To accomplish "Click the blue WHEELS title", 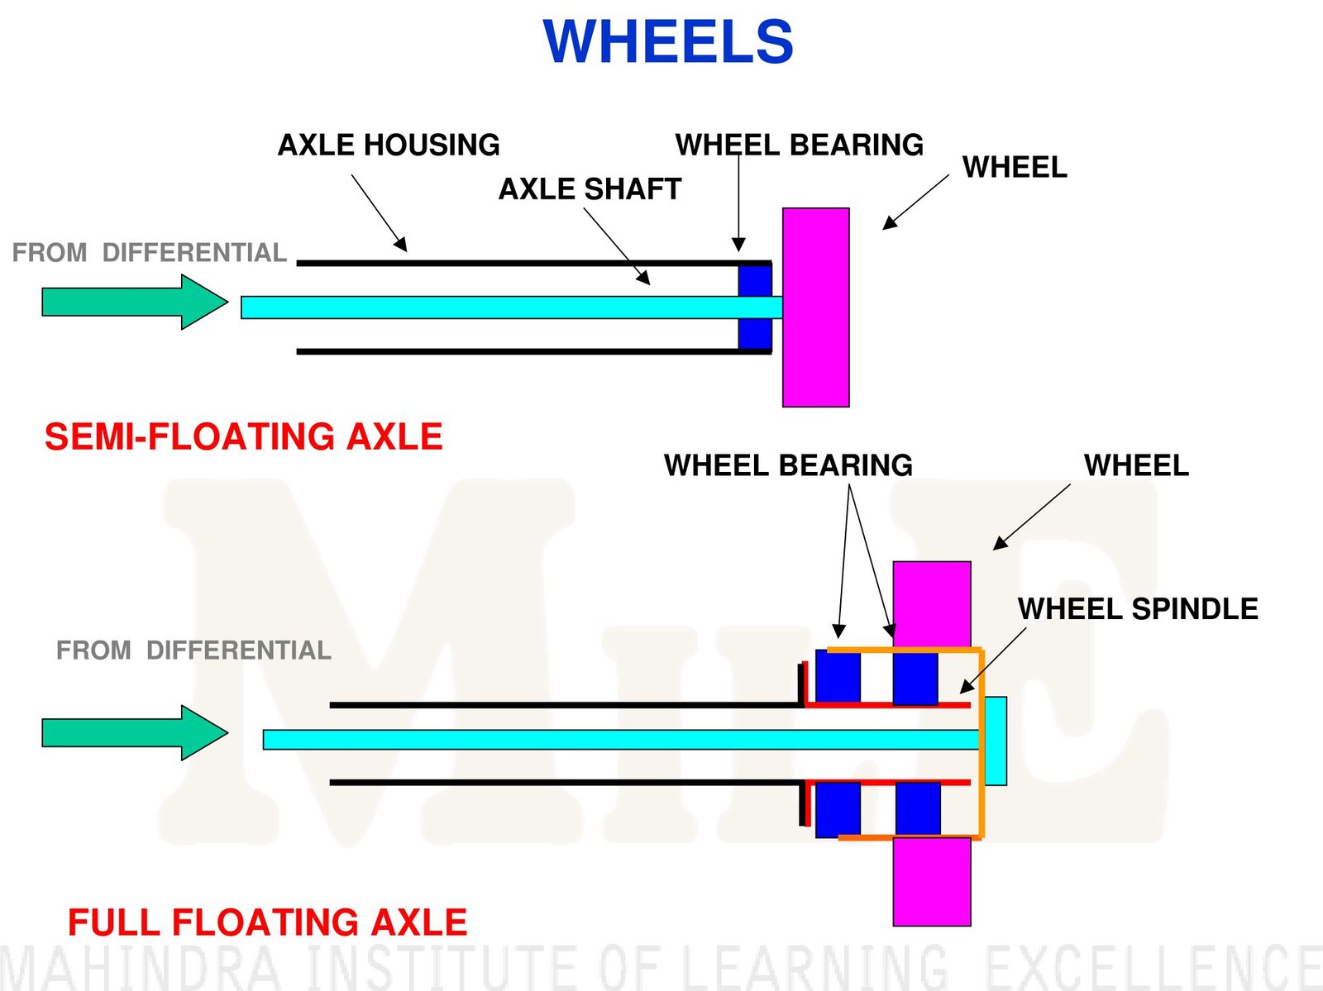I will coord(668,41).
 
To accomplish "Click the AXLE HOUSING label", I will coord(389,145).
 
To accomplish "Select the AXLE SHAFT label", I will coord(590,189).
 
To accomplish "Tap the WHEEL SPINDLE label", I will coord(1138,609).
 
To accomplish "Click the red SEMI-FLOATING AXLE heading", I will coord(243,436).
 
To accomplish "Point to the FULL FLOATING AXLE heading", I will coord(267,922).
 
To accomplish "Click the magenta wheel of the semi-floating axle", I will coord(815,307).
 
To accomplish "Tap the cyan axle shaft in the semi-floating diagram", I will coord(496,307).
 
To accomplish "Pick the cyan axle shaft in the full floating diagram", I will coord(579,740).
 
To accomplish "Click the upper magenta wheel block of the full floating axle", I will coord(932,603).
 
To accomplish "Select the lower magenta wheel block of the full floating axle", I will coord(932,882).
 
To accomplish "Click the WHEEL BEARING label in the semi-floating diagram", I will coord(799,145).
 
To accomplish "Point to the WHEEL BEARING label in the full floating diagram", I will coord(788,465).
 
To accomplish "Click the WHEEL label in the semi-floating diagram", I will coord(1015,168).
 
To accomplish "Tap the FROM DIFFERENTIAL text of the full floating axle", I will coord(193,650).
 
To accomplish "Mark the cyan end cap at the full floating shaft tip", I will coord(996,741).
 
